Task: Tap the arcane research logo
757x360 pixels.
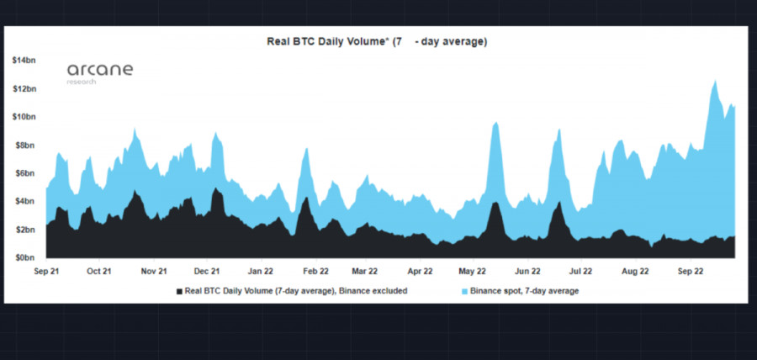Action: pos(100,71)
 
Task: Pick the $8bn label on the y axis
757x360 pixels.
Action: pos(25,146)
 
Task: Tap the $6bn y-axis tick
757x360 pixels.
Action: pos(25,173)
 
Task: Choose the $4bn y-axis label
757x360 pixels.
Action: pos(25,201)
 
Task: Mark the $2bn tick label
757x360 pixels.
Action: pos(25,230)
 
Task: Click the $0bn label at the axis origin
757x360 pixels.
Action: pos(25,257)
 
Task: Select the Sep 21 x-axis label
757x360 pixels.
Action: pos(47,272)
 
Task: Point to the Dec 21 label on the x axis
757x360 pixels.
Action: pos(207,272)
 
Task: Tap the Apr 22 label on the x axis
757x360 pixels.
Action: pos(419,272)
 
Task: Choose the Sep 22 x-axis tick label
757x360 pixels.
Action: pos(691,272)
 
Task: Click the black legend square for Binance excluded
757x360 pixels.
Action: pos(178,291)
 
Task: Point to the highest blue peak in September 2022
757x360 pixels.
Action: pos(715,82)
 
